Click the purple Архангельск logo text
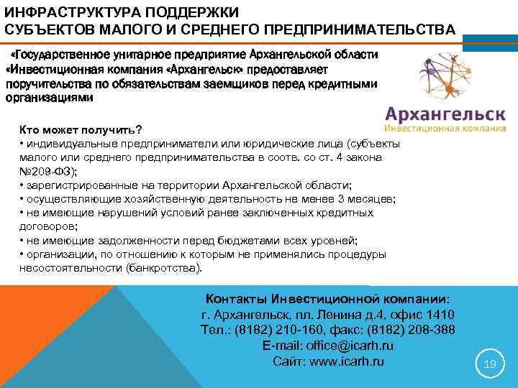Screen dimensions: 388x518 click(x=445, y=115)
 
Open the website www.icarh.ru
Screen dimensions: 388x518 click(x=350, y=361)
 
